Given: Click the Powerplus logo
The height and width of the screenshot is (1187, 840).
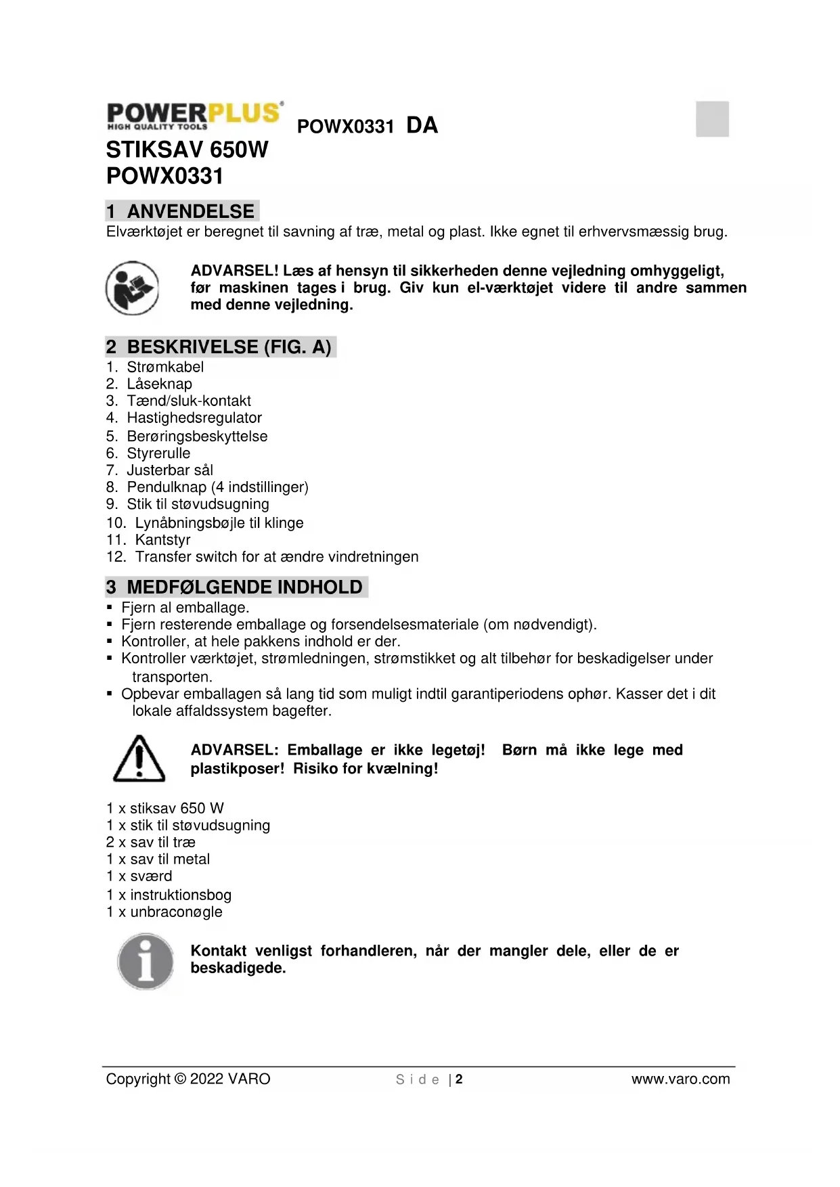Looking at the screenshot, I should click(x=195, y=115).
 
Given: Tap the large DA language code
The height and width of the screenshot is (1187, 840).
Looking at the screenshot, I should click(x=422, y=125).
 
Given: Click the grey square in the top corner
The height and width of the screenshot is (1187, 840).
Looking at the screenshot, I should click(x=712, y=119).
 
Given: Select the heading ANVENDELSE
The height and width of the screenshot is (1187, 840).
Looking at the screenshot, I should click(x=190, y=211).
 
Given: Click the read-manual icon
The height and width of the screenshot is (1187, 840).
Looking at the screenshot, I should click(x=133, y=288).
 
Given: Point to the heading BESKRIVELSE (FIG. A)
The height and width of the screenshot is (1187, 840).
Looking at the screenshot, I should click(x=229, y=346).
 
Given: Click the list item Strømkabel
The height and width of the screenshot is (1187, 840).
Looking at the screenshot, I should click(x=165, y=367).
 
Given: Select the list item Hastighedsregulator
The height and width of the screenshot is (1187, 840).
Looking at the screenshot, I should click(x=194, y=418).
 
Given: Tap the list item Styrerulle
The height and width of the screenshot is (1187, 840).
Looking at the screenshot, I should click(x=158, y=453).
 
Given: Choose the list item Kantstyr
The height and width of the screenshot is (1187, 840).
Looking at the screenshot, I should click(x=162, y=539).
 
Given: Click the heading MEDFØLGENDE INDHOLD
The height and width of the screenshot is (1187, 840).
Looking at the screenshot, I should click(x=244, y=587).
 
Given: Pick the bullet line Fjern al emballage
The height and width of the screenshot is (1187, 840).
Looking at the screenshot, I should click(x=185, y=607).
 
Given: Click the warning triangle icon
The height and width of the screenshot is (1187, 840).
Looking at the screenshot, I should click(x=139, y=759).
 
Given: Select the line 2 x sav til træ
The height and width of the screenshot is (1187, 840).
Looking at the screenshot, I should click(x=150, y=842).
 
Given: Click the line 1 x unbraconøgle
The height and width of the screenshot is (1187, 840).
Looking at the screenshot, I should click(x=164, y=912).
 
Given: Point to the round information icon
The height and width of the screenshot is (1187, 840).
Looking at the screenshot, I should click(x=146, y=961).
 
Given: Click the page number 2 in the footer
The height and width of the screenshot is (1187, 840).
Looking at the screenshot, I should click(x=459, y=1079).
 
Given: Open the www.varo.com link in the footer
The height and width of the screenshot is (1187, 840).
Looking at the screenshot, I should click(x=680, y=1079).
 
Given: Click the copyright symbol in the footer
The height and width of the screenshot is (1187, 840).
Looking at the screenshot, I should click(x=180, y=1079).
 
